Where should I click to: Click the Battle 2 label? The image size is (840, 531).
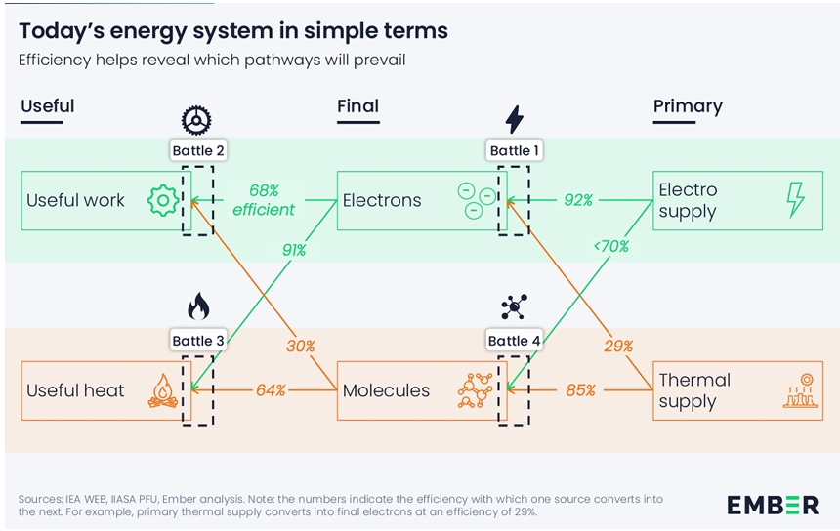coord(198,151)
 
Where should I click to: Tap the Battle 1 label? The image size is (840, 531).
coord(515,151)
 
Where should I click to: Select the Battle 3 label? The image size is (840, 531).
coord(198,341)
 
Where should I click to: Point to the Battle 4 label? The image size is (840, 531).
coord(515,341)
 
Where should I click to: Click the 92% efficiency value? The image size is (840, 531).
coord(578,200)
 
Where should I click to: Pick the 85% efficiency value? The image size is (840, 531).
coord(580,390)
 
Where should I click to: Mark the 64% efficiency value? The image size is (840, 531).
coord(271,390)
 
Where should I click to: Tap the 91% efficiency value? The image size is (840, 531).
coord(293,250)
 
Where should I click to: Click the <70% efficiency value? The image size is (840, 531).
coord(610,246)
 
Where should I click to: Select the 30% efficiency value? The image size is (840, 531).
coord(300,346)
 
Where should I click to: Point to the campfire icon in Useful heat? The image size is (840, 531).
coord(162,390)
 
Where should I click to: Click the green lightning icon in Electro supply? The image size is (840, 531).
coord(796,199)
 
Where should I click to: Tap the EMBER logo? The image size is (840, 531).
coord(773,505)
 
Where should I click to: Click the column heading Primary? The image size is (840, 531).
coord(688,106)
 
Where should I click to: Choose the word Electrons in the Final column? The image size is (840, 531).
coord(382,201)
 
